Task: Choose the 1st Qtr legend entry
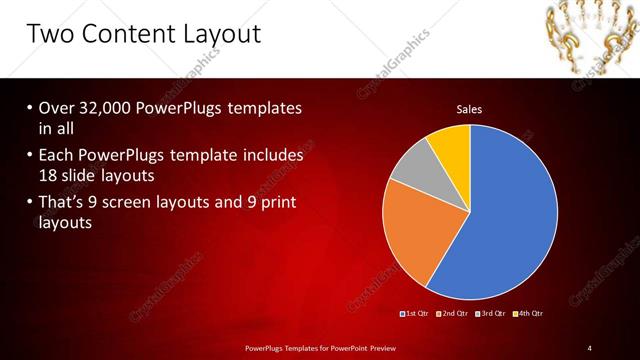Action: pyautogui.click(x=415, y=314)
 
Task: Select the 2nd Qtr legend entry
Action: pyautogui.click(x=453, y=314)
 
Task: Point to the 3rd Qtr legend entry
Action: pyautogui.click(x=491, y=314)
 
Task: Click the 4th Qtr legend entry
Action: pyautogui.click(x=529, y=314)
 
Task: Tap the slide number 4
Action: pyautogui.click(x=589, y=347)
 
